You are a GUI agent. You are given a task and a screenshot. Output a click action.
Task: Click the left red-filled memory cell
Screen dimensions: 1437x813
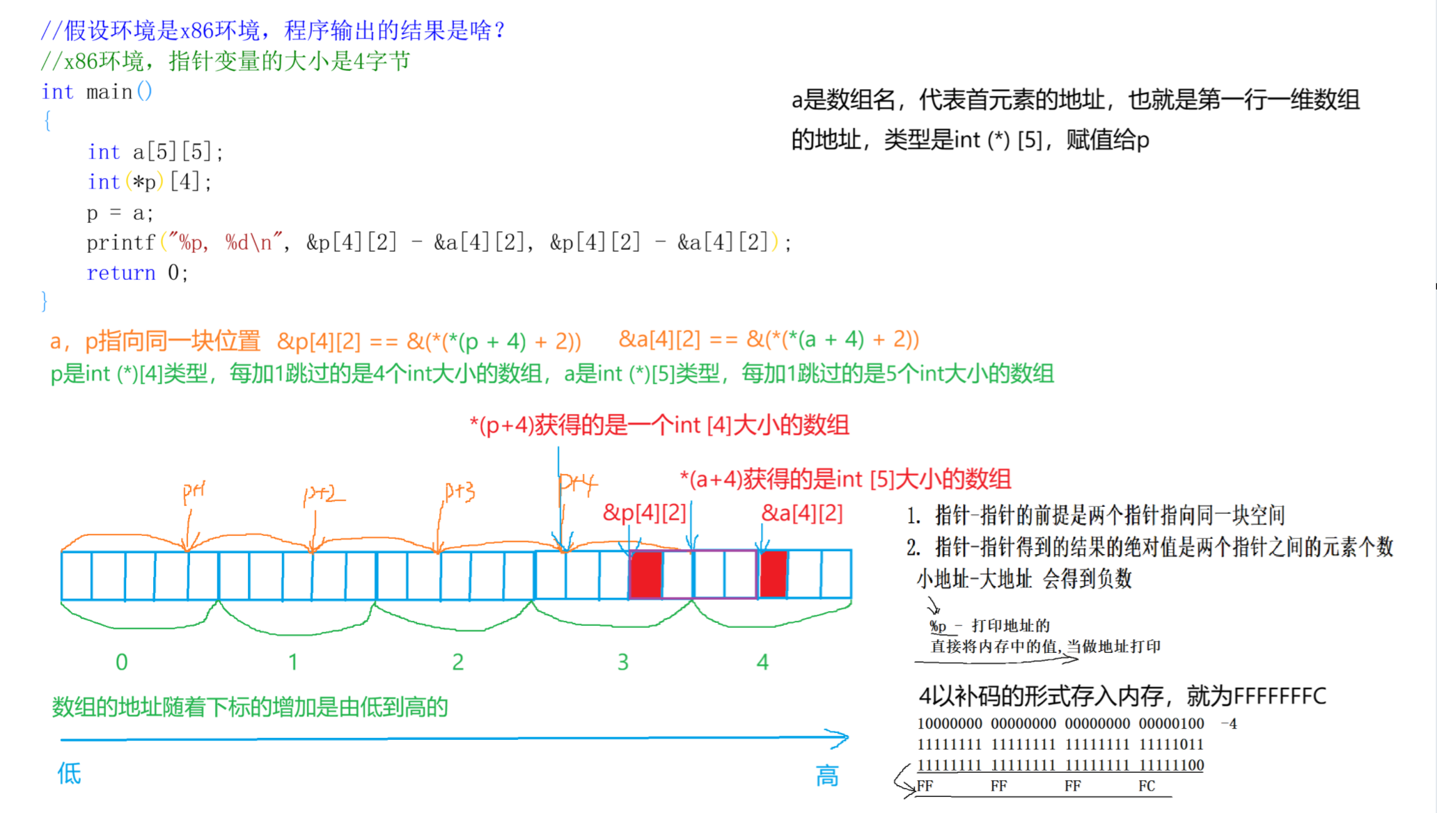pyautogui.click(x=645, y=574)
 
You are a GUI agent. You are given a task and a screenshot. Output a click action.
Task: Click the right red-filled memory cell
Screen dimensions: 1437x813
pyautogui.click(x=773, y=574)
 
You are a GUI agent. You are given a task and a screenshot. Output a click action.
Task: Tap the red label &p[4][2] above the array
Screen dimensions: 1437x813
pyautogui.click(x=644, y=513)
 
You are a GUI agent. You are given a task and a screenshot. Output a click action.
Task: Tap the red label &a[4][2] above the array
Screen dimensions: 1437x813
pyautogui.click(x=801, y=513)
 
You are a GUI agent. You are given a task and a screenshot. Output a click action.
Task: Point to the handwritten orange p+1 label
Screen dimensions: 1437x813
pyautogui.click(x=194, y=491)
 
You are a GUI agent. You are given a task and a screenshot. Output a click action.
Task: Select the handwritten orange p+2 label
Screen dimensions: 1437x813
pyautogui.click(x=323, y=494)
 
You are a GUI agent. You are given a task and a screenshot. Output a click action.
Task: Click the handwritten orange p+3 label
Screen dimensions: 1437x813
pyautogui.click(x=460, y=491)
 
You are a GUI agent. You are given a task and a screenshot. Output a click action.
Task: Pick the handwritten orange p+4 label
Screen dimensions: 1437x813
pyautogui.click(x=577, y=482)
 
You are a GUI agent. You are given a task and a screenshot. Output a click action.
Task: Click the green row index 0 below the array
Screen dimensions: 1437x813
pyautogui.click(x=121, y=662)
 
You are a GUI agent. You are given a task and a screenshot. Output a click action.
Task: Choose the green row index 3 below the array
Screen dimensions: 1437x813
pyautogui.click(x=622, y=662)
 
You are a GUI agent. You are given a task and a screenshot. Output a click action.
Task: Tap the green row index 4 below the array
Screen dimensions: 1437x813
pyautogui.click(x=762, y=662)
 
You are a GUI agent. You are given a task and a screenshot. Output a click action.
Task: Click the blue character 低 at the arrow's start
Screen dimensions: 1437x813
pyautogui.click(x=69, y=773)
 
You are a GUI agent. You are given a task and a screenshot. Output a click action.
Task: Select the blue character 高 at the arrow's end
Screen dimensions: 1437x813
pyautogui.click(x=827, y=775)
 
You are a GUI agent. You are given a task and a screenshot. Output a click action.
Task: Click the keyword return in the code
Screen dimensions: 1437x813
pyautogui.click(x=120, y=273)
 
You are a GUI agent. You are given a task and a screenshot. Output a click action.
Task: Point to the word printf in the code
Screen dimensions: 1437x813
pyautogui.click(x=120, y=243)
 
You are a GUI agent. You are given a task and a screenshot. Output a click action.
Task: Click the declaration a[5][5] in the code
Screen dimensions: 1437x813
pyautogui.click(x=177, y=152)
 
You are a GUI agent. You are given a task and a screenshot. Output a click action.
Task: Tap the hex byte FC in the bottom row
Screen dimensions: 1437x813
pyautogui.click(x=1147, y=786)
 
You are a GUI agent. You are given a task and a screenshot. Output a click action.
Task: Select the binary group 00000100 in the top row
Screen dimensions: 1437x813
pyautogui.click(x=1171, y=724)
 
